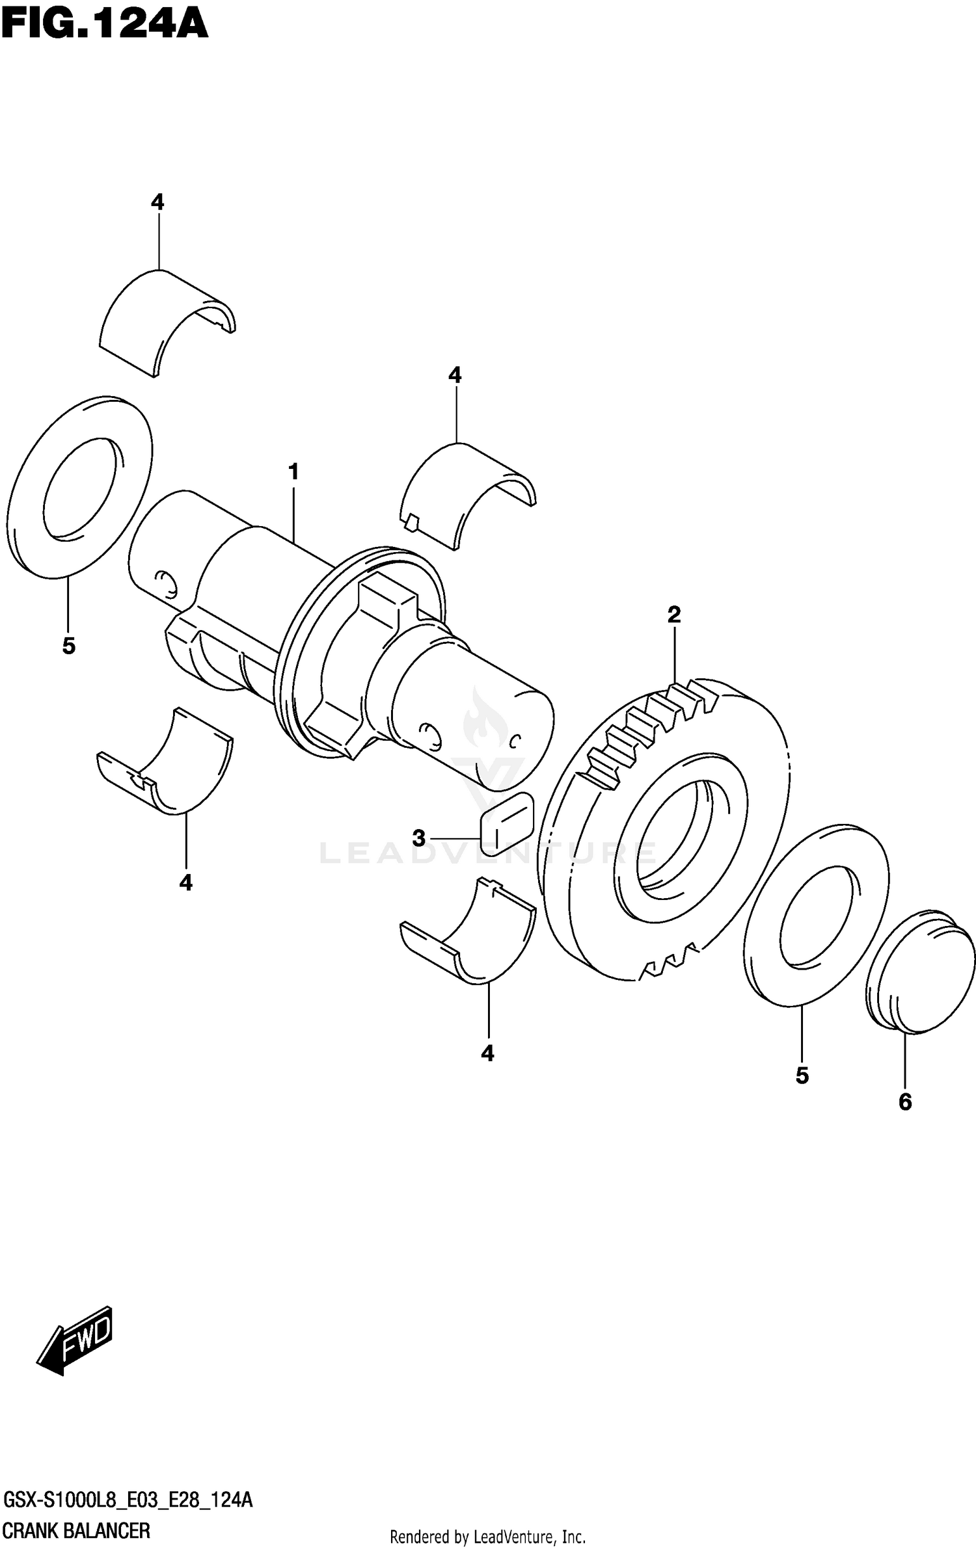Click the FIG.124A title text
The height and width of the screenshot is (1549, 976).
(x=104, y=26)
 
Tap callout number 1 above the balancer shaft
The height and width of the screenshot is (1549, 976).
(x=293, y=471)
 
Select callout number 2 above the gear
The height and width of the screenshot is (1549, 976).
(x=674, y=614)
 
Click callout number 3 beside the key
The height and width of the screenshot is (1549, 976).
(x=419, y=838)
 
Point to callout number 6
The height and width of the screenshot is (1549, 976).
(x=905, y=1102)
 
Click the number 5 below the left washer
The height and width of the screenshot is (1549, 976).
(x=69, y=646)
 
